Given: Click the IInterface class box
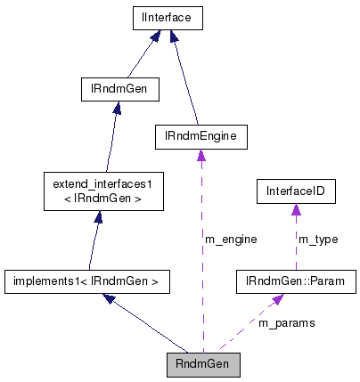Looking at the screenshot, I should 168,17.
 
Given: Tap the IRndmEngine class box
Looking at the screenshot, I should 200,136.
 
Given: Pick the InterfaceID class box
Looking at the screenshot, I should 295,191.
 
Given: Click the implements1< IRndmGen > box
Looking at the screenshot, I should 86,282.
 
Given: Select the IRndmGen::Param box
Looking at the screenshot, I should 295,282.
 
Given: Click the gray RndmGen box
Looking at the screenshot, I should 203,363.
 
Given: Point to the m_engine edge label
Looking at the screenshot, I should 230,239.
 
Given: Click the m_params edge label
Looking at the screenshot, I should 286,322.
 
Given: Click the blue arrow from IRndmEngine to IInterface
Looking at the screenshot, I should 185,80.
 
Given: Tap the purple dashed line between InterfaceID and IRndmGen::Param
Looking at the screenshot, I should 295,245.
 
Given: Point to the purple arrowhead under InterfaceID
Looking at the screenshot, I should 295,210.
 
